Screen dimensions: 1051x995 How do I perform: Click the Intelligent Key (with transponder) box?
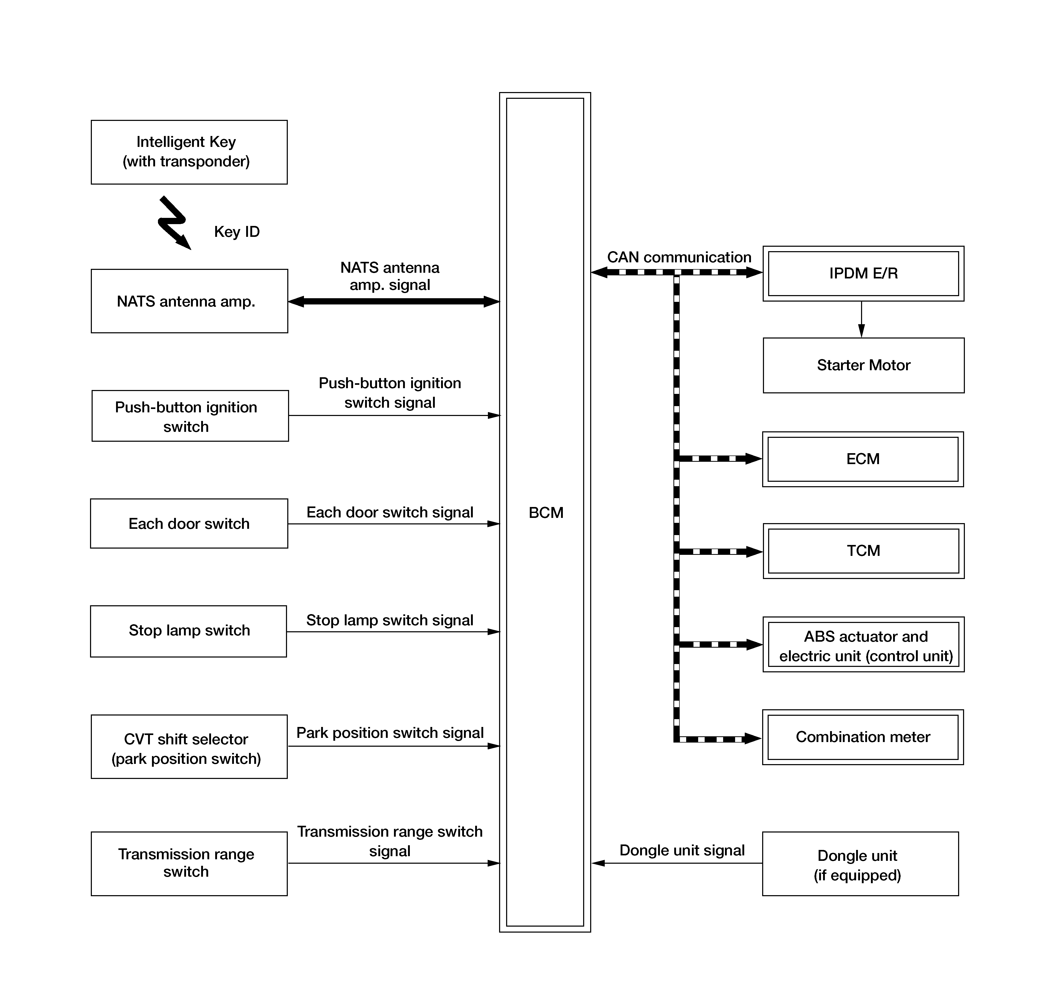point(189,152)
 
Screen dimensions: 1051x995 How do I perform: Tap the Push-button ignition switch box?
point(190,416)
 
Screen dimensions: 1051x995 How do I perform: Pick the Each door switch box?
point(189,523)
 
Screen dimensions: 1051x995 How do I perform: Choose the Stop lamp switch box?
point(188,631)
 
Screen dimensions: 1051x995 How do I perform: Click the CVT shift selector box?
point(189,747)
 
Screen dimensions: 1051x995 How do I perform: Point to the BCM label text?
point(546,513)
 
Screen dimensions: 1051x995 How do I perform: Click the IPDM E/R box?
point(863,274)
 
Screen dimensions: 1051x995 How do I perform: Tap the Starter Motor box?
point(864,366)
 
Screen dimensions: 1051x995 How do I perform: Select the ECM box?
point(863,459)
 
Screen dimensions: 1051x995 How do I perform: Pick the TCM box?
point(864,551)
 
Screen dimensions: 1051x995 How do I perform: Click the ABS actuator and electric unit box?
point(864,645)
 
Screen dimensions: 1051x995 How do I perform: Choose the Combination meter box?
point(863,737)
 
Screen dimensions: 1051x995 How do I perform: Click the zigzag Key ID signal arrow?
point(173,223)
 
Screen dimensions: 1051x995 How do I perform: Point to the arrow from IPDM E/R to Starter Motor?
point(862,319)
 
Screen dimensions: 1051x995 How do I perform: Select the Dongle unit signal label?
point(682,850)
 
